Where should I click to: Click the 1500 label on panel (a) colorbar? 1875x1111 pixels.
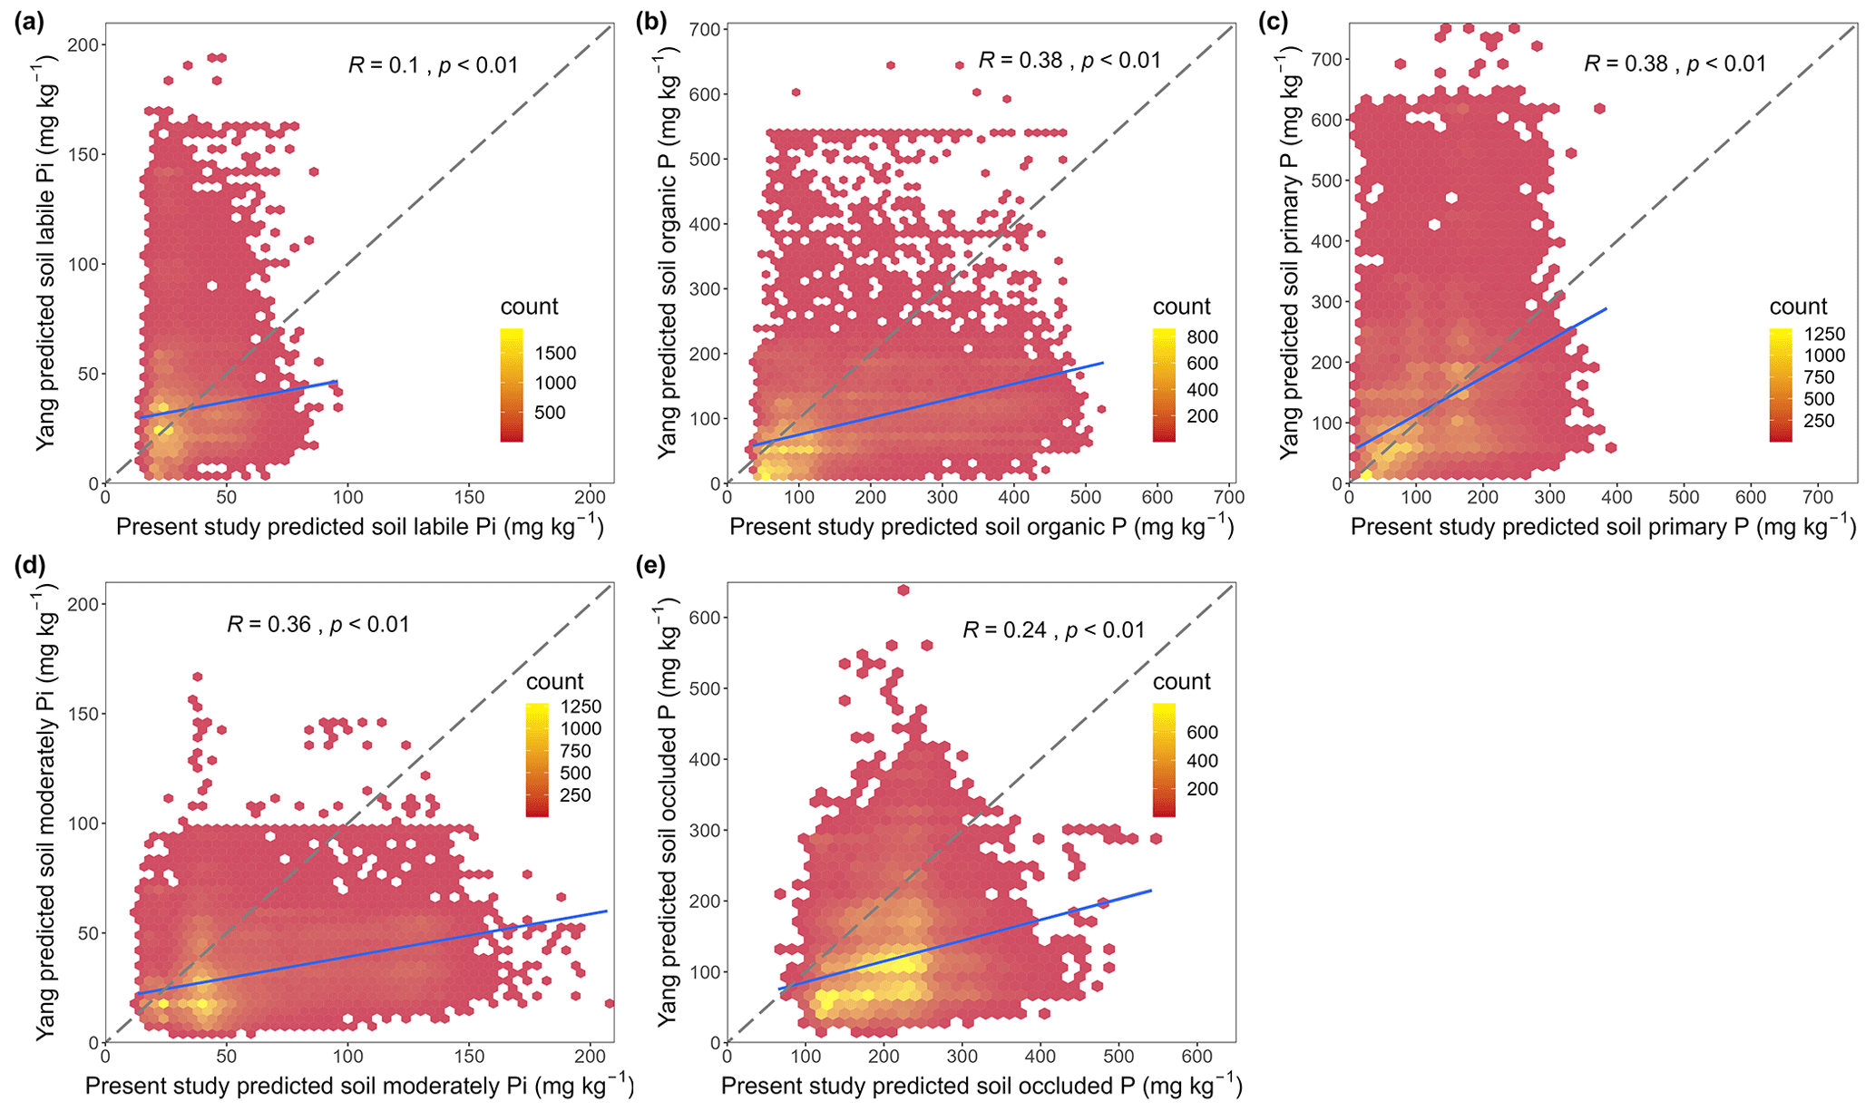tap(555, 354)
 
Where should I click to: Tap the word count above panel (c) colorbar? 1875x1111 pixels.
tap(1798, 307)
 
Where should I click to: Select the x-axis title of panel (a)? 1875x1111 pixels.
tap(359, 527)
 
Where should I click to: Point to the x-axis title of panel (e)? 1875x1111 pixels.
tap(981, 1086)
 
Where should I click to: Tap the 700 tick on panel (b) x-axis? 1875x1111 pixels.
tap(1229, 497)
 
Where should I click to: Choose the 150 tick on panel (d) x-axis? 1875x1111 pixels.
tap(469, 1057)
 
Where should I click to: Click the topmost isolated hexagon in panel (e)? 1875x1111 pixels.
tap(903, 590)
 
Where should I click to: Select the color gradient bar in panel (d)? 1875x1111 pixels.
tap(536, 760)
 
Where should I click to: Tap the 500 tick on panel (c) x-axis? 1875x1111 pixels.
tap(1684, 497)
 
